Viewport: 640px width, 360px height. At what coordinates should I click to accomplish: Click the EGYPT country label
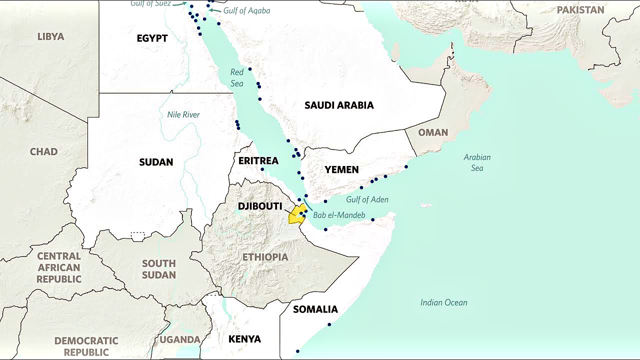click(x=152, y=38)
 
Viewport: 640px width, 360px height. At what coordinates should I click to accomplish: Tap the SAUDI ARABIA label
click(x=339, y=105)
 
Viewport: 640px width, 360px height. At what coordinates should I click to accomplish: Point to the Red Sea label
click(x=237, y=78)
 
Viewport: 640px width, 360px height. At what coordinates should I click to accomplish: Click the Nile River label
click(x=183, y=114)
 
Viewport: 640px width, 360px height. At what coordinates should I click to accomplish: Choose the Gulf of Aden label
click(x=367, y=199)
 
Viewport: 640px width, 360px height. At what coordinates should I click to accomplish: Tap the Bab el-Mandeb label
click(x=339, y=215)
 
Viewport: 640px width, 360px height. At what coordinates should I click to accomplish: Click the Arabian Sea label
click(x=477, y=162)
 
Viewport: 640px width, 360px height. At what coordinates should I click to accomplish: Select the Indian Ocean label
click(x=443, y=302)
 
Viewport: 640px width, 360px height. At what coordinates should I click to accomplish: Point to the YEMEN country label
click(x=341, y=170)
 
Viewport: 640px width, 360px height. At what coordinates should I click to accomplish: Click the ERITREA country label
click(x=258, y=160)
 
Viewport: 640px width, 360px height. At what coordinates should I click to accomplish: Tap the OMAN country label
click(x=433, y=132)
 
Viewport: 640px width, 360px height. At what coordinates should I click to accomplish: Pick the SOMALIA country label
click(x=315, y=309)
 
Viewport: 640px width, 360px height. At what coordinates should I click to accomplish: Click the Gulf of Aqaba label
click(x=246, y=10)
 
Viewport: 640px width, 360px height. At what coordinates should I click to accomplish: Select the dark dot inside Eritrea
click(x=262, y=169)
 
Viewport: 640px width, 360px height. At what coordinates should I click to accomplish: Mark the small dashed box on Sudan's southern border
click(x=137, y=236)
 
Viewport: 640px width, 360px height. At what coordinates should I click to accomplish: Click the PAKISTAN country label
click(x=580, y=10)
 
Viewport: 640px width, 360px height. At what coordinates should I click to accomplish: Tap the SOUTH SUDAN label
click(x=158, y=269)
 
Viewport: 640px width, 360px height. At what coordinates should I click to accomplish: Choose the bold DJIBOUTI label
click(x=260, y=206)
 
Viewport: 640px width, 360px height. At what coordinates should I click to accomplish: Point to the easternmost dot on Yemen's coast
click(x=406, y=166)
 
